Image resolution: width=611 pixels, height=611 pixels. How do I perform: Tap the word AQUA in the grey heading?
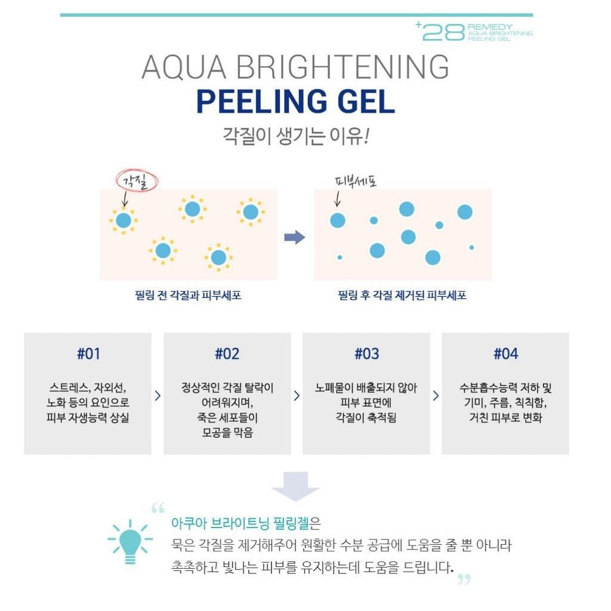tap(184, 67)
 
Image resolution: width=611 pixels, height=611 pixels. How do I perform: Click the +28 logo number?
tap(440, 32)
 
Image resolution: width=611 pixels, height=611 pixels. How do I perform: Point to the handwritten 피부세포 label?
tap(356, 181)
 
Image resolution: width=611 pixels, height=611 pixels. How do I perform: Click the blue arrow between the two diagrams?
tap(295, 237)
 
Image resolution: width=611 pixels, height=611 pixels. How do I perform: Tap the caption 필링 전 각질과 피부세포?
tap(188, 295)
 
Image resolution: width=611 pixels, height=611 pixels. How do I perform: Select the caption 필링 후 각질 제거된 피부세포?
tap(402, 295)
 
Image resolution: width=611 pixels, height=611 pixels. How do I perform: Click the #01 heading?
tap(88, 354)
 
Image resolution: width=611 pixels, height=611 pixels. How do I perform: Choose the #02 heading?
tap(227, 354)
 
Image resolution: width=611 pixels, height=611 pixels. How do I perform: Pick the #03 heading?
tap(367, 354)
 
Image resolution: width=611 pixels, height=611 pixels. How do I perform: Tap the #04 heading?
tap(506, 354)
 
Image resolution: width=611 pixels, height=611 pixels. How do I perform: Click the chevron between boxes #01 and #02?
tap(158, 396)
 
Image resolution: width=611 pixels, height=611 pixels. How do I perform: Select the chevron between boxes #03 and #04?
tap(436, 396)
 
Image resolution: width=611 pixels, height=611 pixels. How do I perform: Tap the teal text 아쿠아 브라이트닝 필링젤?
tap(240, 523)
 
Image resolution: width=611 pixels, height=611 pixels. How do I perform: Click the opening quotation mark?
tap(158, 508)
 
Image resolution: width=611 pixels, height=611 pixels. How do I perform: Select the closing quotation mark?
tap(464, 579)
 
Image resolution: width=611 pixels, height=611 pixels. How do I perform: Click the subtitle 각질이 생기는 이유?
tap(296, 136)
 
